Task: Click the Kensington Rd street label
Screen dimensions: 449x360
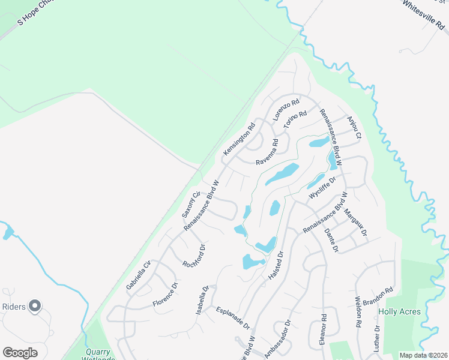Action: [x=240, y=140]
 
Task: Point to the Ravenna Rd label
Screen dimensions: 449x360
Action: [x=268, y=153]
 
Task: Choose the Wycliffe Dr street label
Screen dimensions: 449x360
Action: [x=322, y=188]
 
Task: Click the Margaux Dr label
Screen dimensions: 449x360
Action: [x=355, y=222]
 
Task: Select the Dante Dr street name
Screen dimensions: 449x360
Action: [x=331, y=240]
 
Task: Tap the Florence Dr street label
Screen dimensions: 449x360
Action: [x=166, y=294]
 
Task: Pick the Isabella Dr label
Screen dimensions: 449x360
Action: [x=202, y=300]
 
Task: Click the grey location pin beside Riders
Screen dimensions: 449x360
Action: [x=35, y=306]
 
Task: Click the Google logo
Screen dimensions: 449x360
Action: [x=20, y=353]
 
